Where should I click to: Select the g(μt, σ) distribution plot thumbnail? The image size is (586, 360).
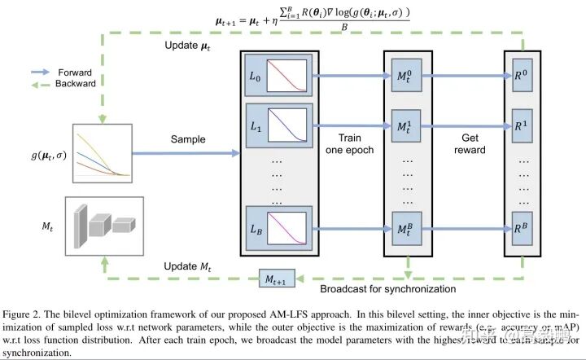point(107,151)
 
